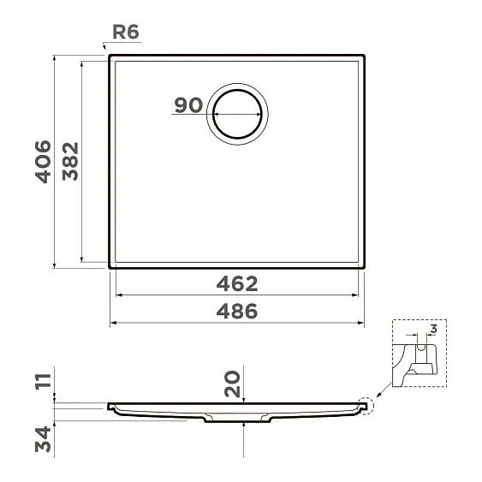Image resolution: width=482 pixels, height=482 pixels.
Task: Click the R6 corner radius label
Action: click(125, 33)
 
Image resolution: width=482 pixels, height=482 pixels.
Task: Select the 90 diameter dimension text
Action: click(187, 105)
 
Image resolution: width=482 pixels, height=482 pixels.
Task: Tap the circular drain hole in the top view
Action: click(238, 114)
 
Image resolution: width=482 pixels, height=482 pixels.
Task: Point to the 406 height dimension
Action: click(43, 161)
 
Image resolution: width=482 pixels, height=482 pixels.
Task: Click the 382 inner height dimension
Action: click(70, 161)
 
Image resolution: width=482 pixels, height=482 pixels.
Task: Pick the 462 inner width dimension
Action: click(236, 283)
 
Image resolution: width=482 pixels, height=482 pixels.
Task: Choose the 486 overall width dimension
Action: click(236, 312)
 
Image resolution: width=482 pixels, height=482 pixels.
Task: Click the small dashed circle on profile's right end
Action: click(367, 404)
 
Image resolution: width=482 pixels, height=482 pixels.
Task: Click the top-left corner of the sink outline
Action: click(110, 59)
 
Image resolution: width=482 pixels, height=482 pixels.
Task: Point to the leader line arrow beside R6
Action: click(107, 50)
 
